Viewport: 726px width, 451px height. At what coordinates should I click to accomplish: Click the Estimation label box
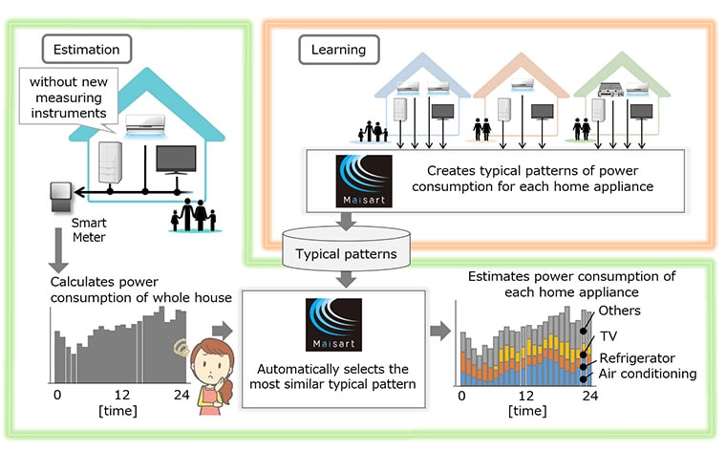tap(87, 49)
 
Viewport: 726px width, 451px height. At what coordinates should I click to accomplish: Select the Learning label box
tap(338, 50)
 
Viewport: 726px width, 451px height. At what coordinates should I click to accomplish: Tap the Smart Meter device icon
tap(60, 197)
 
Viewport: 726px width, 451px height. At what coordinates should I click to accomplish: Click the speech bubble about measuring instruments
tap(69, 98)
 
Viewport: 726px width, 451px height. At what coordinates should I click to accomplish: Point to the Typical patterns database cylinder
tap(346, 248)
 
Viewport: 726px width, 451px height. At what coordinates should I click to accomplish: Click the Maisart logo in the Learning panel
tap(364, 181)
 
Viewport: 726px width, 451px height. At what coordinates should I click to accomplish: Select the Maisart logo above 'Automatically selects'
tap(333, 325)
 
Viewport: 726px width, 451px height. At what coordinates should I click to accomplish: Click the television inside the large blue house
tap(176, 161)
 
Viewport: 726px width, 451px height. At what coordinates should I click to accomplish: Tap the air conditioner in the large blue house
tap(145, 125)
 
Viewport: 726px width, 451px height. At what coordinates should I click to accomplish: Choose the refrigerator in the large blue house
tap(110, 162)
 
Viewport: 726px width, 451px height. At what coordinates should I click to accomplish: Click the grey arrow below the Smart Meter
tap(58, 250)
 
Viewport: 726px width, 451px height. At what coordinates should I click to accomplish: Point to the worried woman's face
tap(211, 365)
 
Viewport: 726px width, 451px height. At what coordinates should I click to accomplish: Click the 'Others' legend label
tap(619, 311)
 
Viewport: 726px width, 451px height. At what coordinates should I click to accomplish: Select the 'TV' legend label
tap(609, 336)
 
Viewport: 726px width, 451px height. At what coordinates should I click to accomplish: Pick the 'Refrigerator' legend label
tap(637, 358)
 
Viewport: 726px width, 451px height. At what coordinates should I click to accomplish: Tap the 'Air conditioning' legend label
tap(648, 374)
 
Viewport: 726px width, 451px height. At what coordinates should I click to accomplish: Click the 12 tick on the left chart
tap(122, 395)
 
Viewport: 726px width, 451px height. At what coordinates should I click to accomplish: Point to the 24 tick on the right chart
tap(590, 396)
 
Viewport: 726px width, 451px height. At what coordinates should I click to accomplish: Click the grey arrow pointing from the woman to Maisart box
tap(223, 331)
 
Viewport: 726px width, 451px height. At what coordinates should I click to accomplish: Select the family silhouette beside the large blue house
tap(194, 215)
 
